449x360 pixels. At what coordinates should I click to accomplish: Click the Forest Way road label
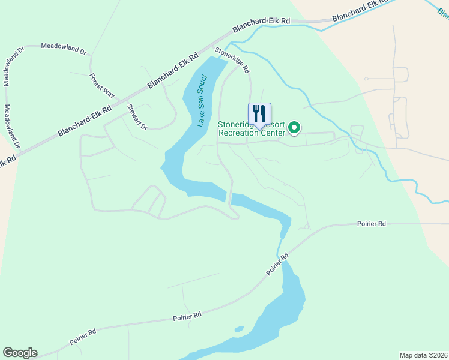tap(102, 86)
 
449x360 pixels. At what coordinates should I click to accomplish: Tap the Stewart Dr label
tap(137, 117)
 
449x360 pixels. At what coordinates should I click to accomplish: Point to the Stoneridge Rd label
tap(232, 61)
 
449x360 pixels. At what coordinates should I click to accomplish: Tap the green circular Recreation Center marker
tap(294, 127)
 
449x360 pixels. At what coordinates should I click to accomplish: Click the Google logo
tap(20, 353)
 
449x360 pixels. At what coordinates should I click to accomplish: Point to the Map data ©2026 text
tap(423, 355)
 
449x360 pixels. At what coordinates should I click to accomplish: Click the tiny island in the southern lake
tap(239, 329)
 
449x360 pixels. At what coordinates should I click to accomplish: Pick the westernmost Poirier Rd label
tap(83, 335)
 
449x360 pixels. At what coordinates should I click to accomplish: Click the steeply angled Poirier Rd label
tap(277, 264)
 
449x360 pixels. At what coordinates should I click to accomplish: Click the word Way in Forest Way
tap(108, 92)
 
